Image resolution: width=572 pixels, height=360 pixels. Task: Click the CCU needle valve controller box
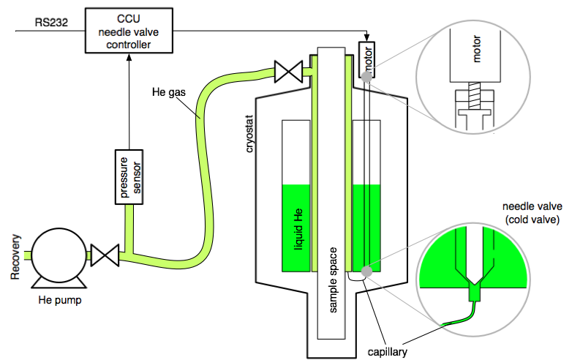coord(129,30)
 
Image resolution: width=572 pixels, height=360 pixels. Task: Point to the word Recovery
coord(16,257)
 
